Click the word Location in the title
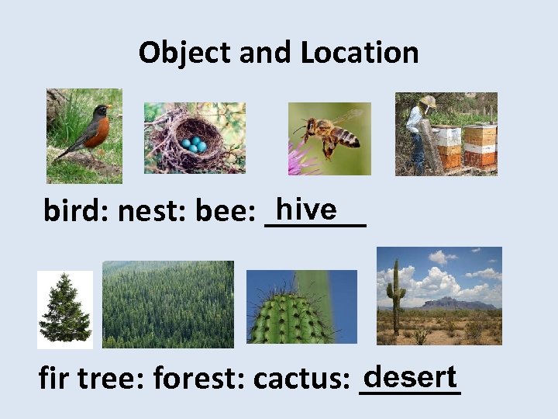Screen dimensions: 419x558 coord(360,53)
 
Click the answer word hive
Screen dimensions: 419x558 coord(306,209)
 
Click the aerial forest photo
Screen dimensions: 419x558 coord(168,304)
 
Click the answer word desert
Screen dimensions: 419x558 coord(410,377)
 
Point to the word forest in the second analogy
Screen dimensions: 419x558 coord(198,379)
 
